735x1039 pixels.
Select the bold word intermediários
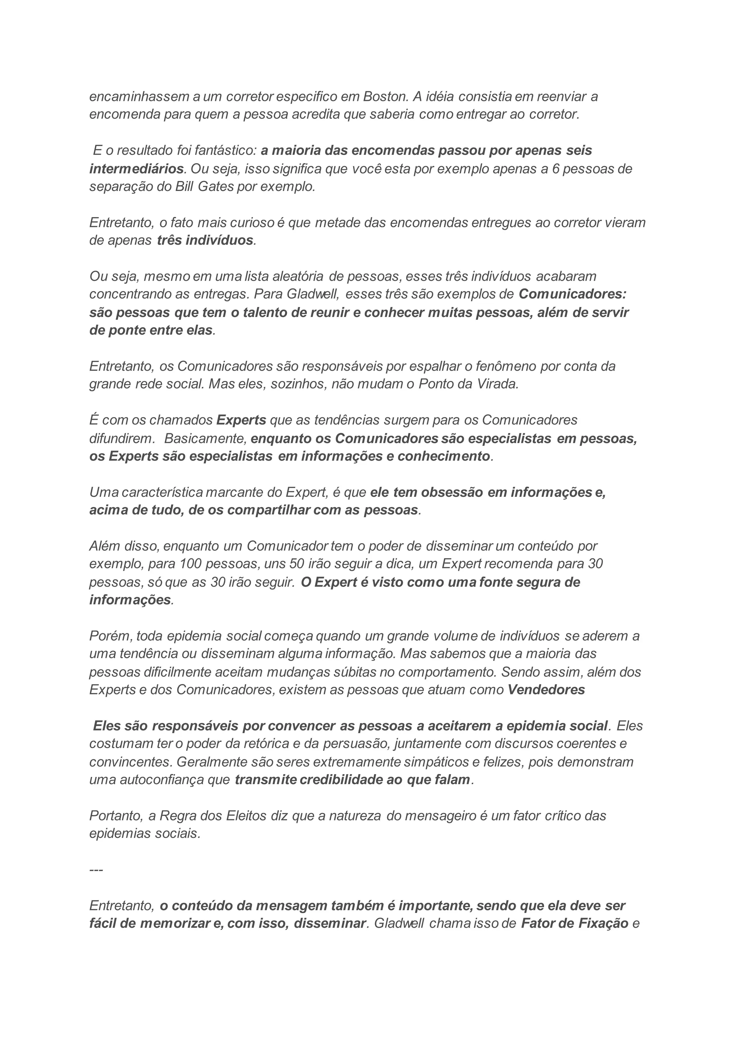pyautogui.click(x=137, y=169)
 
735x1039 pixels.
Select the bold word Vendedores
pyautogui.click(x=546, y=690)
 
